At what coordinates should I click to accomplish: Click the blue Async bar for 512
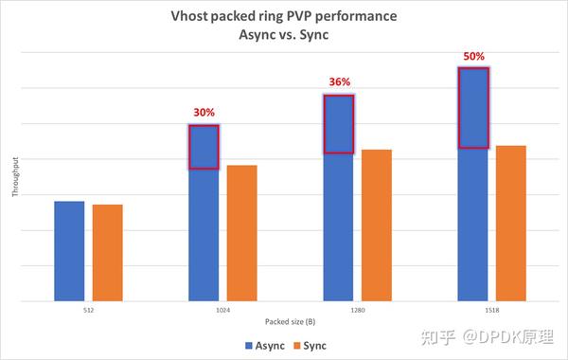tap(69, 251)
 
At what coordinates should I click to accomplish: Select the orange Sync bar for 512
tap(107, 253)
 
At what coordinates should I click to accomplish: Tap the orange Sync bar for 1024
tap(241, 233)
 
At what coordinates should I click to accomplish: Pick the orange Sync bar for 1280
tap(377, 225)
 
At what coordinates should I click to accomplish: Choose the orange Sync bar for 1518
tap(511, 224)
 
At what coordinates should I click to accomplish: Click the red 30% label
tap(204, 112)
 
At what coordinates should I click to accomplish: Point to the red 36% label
tap(338, 81)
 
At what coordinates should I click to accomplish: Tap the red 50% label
tap(473, 56)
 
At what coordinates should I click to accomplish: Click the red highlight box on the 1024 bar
tap(204, 147)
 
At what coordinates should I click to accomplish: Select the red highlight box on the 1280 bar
tap(338, 123)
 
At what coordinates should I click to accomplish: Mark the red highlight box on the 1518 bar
tap(473, 108)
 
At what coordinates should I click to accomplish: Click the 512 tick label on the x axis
tap(88, 310)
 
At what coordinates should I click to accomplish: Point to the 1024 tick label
tap(222, 310)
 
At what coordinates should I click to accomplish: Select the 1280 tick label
tap(357, 310)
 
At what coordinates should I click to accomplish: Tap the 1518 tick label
tap(492, 310)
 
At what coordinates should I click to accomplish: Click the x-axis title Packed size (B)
tap(291, 322)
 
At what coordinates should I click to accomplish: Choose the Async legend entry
tap(264, 345)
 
